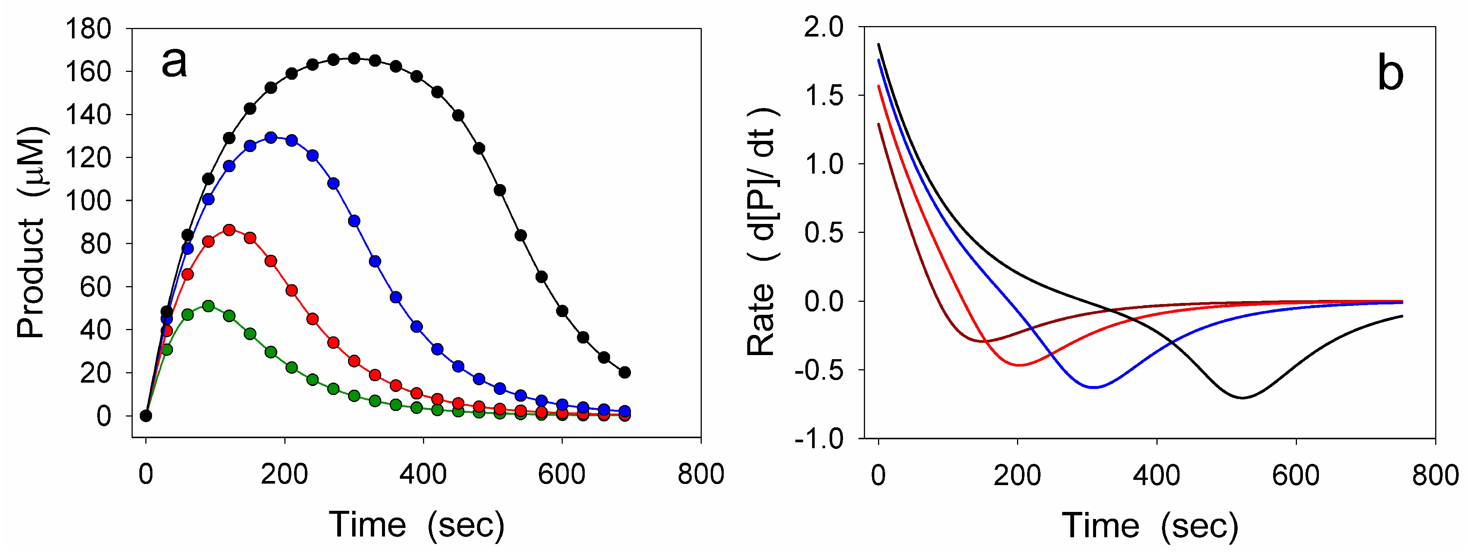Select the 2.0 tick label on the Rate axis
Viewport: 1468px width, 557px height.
[x=823, y=27]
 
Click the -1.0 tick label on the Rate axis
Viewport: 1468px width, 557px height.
[x=818, y=439]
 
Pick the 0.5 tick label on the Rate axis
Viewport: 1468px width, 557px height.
[x=823, y=232]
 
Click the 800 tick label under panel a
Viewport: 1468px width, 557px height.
[x=700, y=474]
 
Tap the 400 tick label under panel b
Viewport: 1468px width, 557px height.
[x=1156, y=475]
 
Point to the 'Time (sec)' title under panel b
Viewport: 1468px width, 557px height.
[x=1150, y=525]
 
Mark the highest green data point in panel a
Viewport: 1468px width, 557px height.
[x=208, y=306]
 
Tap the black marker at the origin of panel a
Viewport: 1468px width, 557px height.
[x=146, y=416]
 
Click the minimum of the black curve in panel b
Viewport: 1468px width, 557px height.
[x=1242, y=398]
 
